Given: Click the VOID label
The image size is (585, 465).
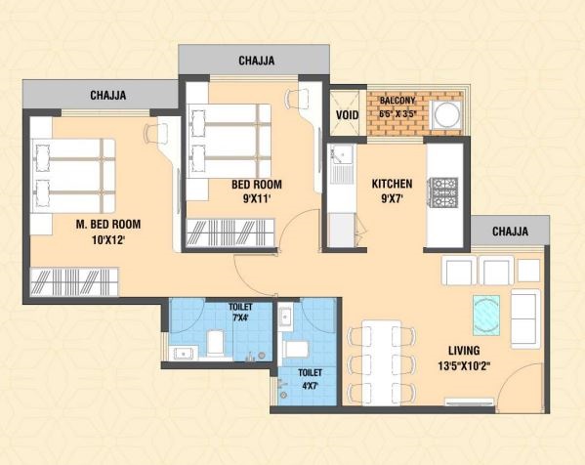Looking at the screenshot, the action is [347, 115].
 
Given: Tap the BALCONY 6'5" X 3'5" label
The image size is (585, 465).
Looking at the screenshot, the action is [397, 107].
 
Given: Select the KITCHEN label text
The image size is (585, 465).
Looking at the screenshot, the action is [392, 184].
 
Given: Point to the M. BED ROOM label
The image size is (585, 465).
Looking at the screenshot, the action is [108, 225].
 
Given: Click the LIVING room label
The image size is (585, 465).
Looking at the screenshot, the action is [464, 351].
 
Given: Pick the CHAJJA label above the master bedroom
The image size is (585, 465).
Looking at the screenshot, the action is [108, 95].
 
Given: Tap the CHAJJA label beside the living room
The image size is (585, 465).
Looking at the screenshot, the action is [510, 232].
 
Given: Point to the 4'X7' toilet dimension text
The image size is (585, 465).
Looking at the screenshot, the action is [310, 385].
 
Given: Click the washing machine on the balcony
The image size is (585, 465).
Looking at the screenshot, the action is [447, 114].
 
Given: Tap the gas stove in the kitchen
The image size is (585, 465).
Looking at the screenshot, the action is [444, 192].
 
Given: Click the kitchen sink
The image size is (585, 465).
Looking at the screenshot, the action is [341, 164].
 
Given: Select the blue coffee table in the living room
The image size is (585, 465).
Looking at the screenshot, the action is [486, 316].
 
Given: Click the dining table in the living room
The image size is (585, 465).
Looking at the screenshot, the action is [382, 362].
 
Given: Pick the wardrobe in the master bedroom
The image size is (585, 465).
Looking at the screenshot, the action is [74, 281].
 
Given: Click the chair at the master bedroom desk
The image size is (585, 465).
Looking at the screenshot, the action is [153, 132].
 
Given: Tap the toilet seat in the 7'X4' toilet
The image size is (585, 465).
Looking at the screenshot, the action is [215, 343].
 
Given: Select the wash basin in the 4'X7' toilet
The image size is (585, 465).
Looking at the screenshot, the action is [285, 317].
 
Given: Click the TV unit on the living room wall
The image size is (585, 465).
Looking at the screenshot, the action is [470, 402].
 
